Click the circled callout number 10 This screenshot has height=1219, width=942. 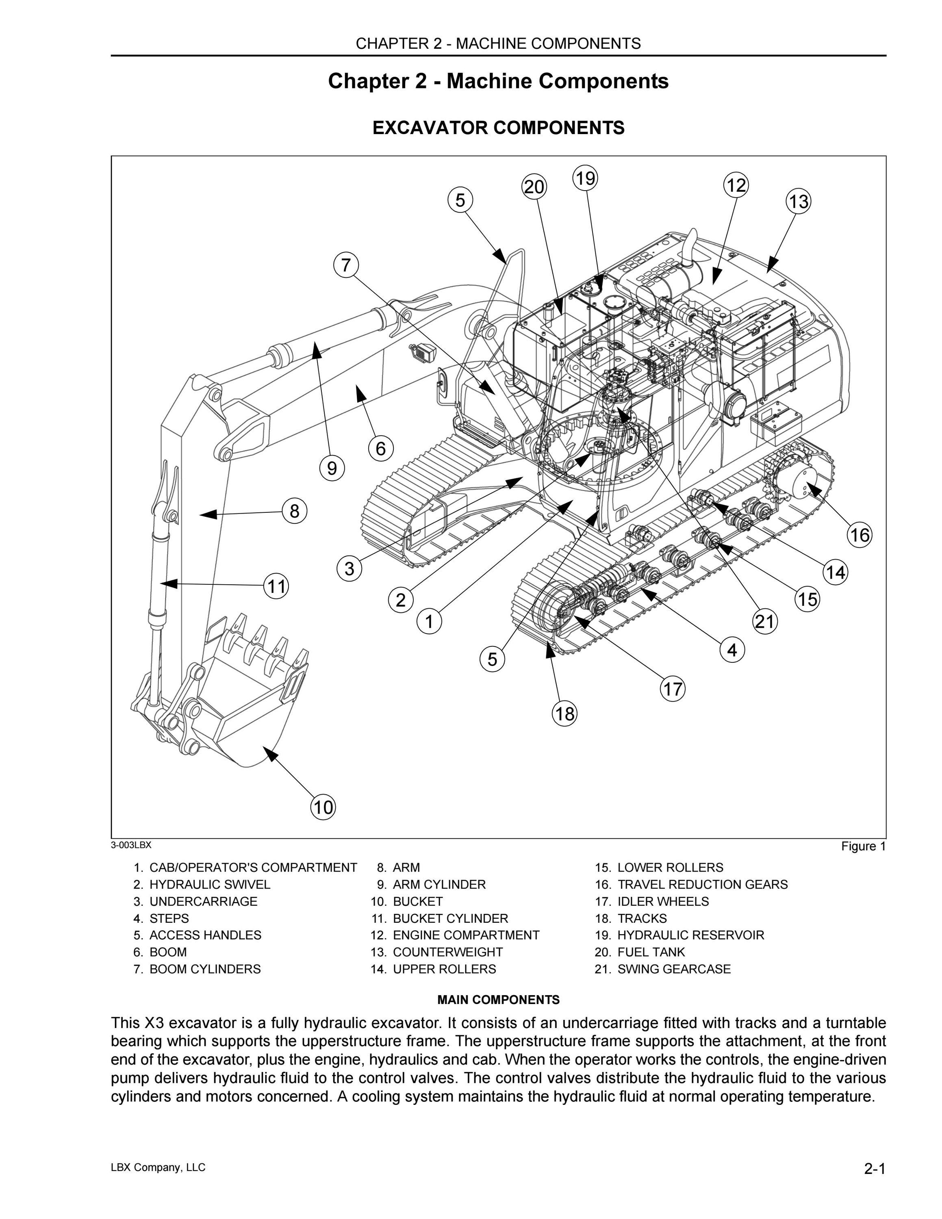[x=323, y=807]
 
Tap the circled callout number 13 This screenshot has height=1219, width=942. [x=799, y=202]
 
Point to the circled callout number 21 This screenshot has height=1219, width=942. [x=765, y=621]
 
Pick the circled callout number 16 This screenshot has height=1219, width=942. [x=860, y=535]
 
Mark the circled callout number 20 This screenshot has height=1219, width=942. [x=534, y=187]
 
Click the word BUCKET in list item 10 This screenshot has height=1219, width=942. [x=417, y=901]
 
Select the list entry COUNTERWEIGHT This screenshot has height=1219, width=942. [x=447, y=952]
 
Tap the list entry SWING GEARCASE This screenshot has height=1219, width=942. [x=673, y=969]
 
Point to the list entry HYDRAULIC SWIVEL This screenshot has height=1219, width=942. [x=210, y=884]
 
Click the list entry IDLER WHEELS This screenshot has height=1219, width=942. [x=663, y=901]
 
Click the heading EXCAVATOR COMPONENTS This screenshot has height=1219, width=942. [x=498, y=128]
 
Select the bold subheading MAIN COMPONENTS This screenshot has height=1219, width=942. [x=498, y=999]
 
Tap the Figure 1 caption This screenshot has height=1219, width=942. [x=863, y=846]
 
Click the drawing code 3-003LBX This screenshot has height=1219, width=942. [x=131, y=844]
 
